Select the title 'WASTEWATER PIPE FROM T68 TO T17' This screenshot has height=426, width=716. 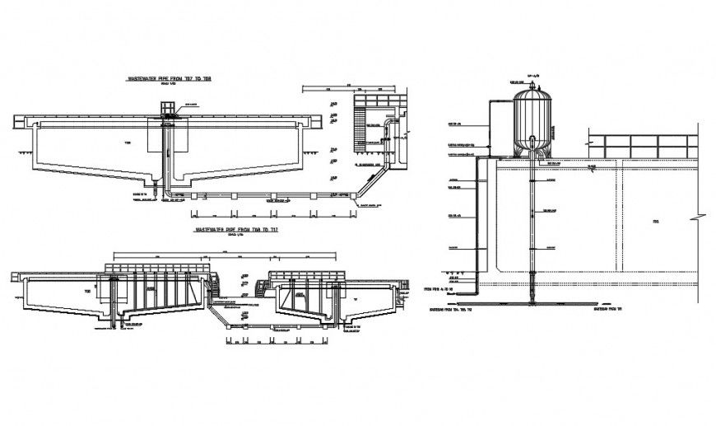pos(235,229)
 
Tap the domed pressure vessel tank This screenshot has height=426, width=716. pos(532,122)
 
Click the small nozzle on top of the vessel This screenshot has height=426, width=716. pos(532,82)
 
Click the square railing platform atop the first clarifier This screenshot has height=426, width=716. pos(167,110)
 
